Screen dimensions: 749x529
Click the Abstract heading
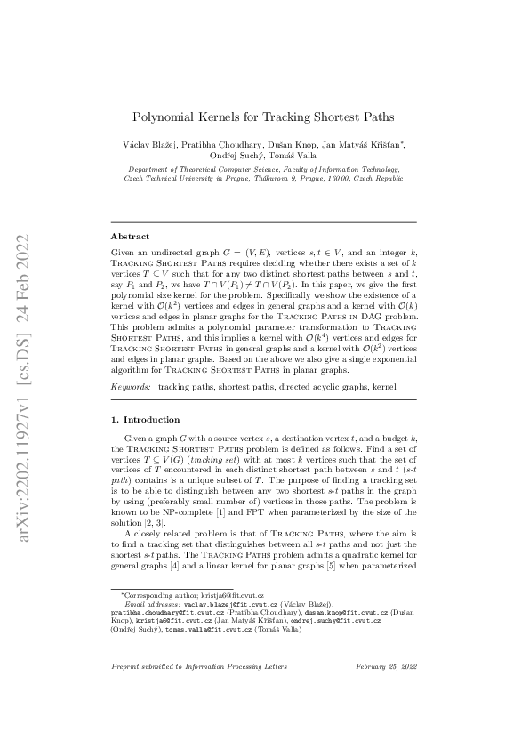coord(130,237)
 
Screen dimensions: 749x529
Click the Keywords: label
coord(132,388)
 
